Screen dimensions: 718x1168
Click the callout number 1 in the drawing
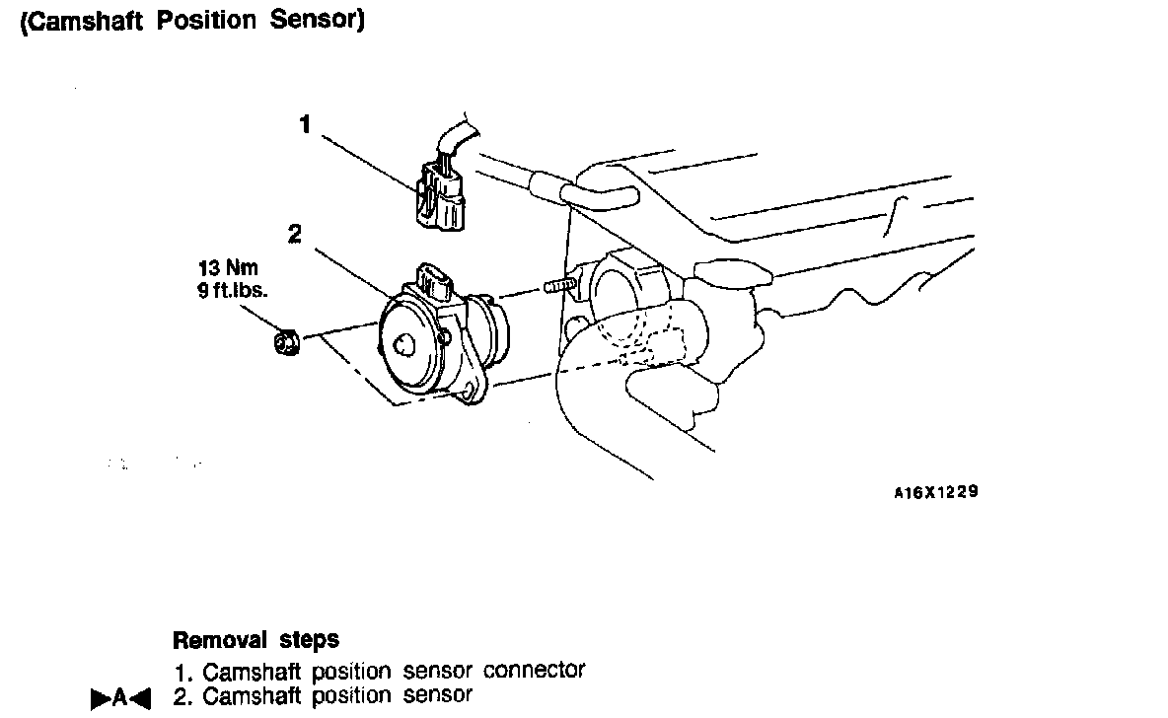306,125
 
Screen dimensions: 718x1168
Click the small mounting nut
286,343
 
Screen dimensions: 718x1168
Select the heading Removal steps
255,640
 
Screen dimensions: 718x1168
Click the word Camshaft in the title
81,22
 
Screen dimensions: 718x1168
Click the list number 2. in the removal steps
182,696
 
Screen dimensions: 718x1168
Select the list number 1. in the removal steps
182,673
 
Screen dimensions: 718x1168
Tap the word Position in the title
207,22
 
